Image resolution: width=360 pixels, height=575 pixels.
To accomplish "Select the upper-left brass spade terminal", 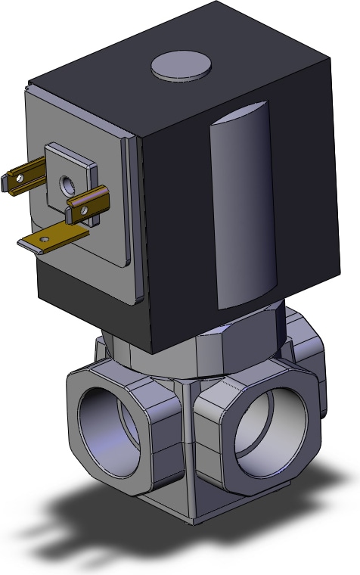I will (x=23, y=179).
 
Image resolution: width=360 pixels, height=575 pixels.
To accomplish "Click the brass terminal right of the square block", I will (x=88, y=206).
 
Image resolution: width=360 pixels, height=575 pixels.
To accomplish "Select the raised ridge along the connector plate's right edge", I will (x=135, y=219).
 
